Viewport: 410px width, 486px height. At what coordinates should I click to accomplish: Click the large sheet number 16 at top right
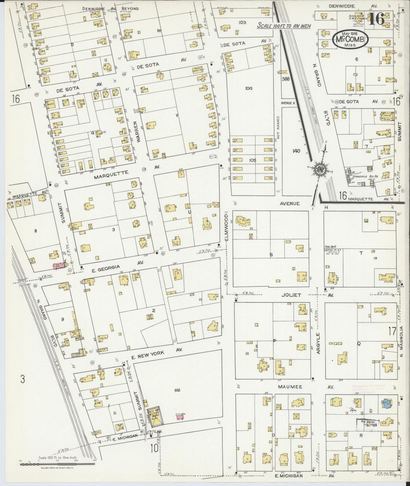pos(377,19)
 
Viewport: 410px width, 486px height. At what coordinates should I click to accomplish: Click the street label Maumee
pos(294,387)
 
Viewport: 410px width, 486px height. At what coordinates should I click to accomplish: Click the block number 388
pos(285,79)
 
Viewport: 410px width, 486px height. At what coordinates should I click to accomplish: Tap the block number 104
pos(249,88)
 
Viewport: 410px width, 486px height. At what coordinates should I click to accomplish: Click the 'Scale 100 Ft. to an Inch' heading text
pos(283,26)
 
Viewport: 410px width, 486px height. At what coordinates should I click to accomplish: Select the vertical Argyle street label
pos(318,343)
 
